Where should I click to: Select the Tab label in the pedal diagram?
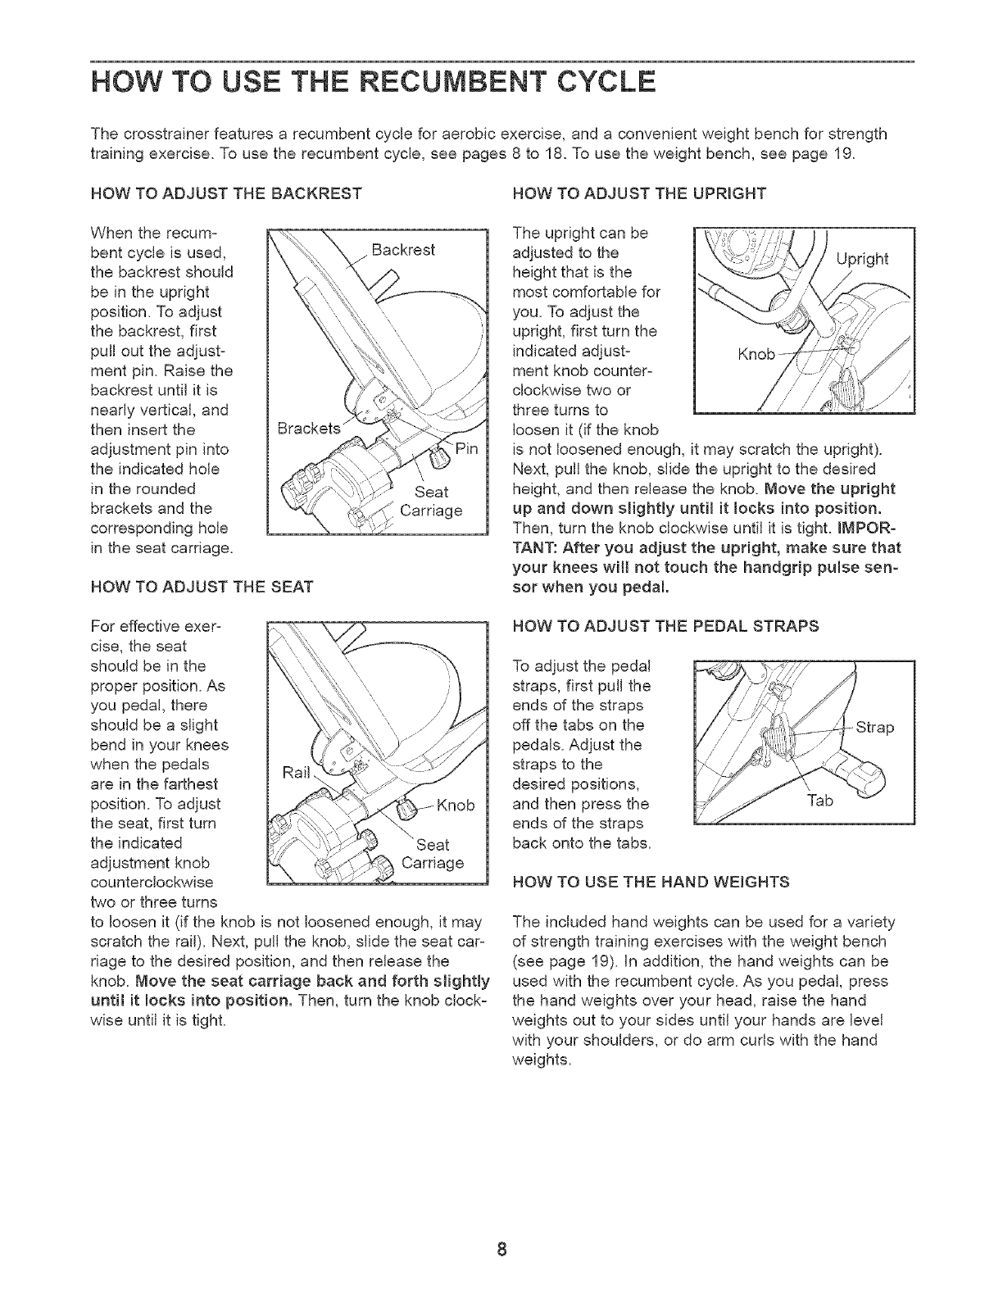(x=820, y=801)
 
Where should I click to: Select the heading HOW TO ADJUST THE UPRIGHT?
(x=638, y=194)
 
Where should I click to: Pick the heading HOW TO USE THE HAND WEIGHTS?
(x=650, y=882)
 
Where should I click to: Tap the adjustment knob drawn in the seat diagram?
(x=405, y=810)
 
